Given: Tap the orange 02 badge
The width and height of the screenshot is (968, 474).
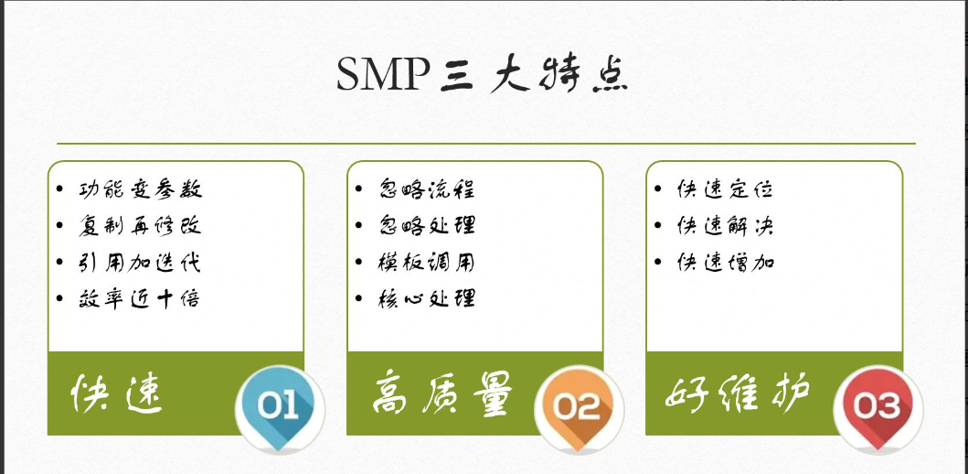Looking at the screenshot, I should coord(577,406).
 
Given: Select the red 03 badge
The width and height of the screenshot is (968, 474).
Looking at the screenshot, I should coord(877,405).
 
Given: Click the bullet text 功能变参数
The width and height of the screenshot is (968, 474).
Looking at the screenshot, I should coord(140,189).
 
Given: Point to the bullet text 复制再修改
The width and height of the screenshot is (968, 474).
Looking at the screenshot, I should coord(140,226).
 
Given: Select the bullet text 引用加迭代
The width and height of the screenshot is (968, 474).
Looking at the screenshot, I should coord(139,263).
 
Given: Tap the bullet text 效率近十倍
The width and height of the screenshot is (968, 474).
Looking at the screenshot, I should coord(139,298).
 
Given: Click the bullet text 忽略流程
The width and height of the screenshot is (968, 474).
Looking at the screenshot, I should coord(426,189).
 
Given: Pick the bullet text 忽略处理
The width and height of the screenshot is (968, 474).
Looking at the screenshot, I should coord(426,226).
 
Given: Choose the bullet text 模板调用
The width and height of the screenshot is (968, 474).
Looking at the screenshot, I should coord(426,263).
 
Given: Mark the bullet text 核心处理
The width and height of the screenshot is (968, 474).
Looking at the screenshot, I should coord(426,298).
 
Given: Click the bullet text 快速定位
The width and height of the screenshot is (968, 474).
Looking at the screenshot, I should coord(725,189).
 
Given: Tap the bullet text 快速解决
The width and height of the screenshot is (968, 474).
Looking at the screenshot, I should coord(725,226).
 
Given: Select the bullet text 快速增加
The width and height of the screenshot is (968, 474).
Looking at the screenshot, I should coord(725,263).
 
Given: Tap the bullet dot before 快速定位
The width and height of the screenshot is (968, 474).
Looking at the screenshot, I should coord(658,189).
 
